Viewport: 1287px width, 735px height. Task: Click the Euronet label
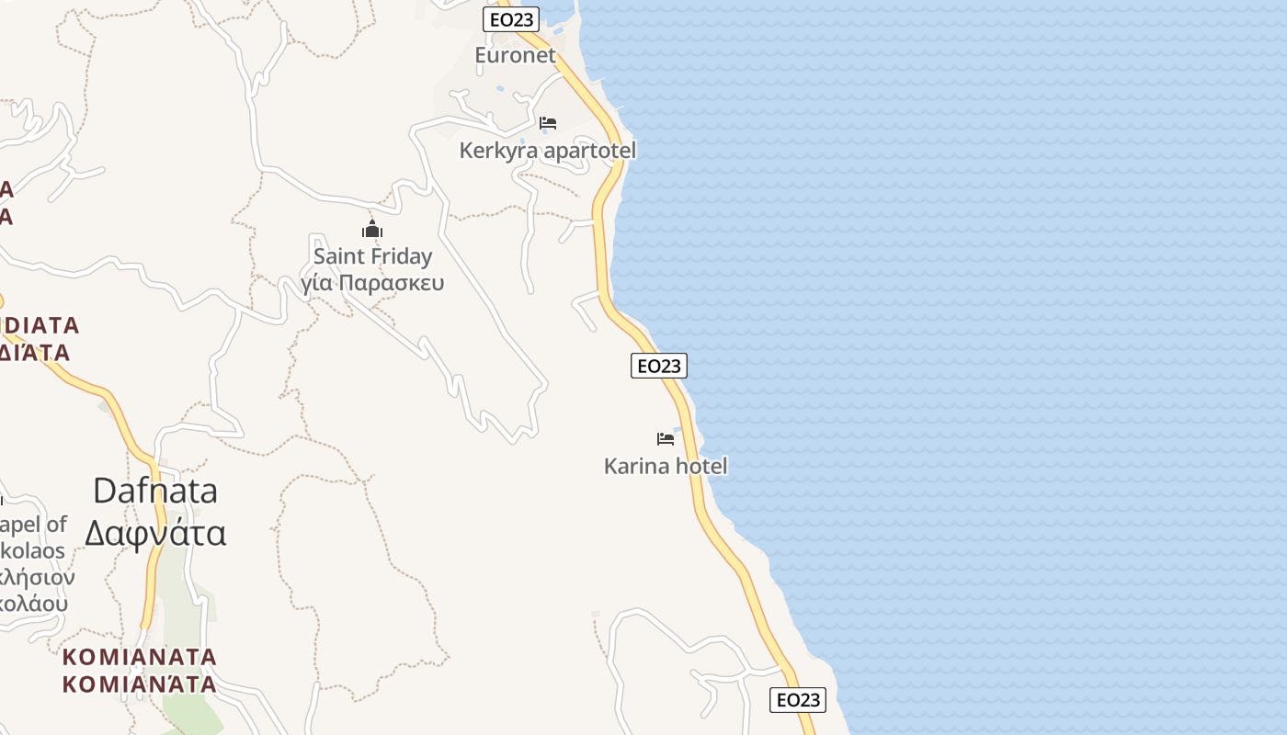(x=515, y=55)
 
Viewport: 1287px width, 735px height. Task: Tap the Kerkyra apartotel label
(x=547, y=150)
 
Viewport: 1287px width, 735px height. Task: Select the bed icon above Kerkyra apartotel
(x=548, y=123)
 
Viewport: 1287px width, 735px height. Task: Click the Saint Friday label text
(x=372, y=256)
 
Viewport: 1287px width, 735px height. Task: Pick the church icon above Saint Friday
(x=371, y=229)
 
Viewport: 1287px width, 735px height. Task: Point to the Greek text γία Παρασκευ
(x=372, y=282)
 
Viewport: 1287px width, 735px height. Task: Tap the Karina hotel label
(x=665, y=466)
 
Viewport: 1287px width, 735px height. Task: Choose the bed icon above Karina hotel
(x=666, y=439)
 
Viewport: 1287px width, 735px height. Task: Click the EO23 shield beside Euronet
(x=510, y=19)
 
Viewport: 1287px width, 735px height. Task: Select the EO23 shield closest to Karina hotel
(x=659, y=366)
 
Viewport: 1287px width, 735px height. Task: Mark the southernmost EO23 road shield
(x=797, y=700)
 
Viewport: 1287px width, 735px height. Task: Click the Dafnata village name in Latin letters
(x=155, y=491)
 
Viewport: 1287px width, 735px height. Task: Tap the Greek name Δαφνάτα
(x=155, y=533)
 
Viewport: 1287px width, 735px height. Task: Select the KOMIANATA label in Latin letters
(x=140, y=657)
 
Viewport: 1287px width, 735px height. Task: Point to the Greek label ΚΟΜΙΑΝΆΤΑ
(x=140, y=684)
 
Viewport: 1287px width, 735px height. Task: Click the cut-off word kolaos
(x=33, y=551)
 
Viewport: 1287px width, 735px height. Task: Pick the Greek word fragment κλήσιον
(x=37, y=578)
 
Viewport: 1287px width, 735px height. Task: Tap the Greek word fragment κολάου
(x=34, y=604)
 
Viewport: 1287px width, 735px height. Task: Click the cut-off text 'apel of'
(x=34, y=525)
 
